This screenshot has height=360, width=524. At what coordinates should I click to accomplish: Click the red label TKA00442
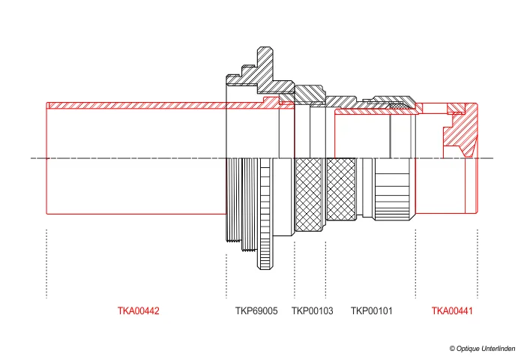[138, 310]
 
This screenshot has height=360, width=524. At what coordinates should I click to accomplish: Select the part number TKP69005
[256, 310]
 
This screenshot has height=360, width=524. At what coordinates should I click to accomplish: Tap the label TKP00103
[312, 310]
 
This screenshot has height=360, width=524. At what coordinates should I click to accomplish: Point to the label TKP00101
[372, 310]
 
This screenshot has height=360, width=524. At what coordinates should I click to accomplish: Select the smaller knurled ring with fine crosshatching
[341, 191]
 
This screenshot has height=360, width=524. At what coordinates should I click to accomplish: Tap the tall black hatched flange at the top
[262, 67]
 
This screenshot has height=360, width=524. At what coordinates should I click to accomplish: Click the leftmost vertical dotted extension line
[46, 262]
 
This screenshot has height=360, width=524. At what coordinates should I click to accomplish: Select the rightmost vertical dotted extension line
[478, 262]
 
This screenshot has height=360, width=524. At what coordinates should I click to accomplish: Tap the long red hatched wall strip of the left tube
[150, 106]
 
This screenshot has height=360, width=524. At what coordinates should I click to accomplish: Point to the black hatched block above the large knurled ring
[309, 94]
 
